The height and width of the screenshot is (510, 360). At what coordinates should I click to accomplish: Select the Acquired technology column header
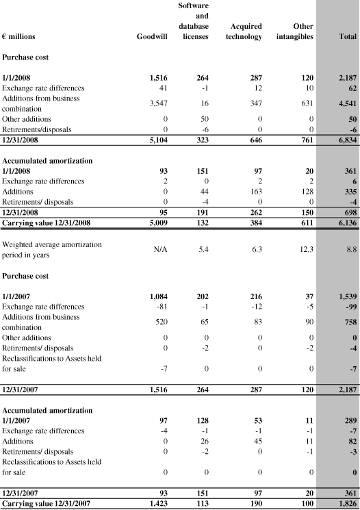(x=243, y=31)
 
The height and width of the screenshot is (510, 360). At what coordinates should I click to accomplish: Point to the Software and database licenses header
(x=193, y=21)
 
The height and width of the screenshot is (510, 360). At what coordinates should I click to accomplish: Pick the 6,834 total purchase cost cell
(x=340, y=140)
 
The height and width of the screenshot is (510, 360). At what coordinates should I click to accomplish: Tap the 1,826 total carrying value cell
(x=340, y=503)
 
